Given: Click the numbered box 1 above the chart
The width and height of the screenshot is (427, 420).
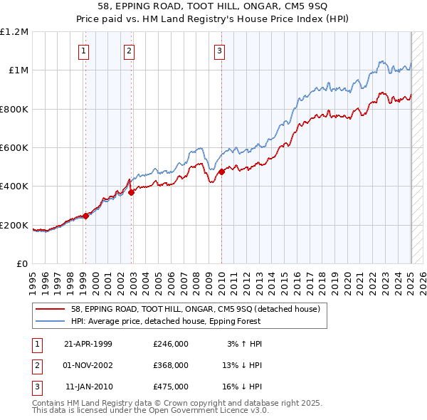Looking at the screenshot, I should click(84, 51).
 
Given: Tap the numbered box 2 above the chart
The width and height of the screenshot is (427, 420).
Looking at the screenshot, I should click(129, 51).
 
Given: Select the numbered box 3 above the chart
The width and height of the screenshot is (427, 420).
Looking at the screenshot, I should click(220, 51).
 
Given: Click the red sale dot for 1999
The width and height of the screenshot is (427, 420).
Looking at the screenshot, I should click(85, 216).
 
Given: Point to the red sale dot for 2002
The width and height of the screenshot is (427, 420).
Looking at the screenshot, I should click(132, 192).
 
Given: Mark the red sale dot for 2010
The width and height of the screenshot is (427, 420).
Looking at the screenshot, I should click(222, 172).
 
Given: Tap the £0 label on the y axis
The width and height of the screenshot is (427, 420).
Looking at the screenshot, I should click(21, 264).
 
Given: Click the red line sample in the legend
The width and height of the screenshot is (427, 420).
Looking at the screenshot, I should click(51, 309).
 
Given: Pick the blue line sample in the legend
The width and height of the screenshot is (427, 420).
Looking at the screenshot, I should click(51, 322).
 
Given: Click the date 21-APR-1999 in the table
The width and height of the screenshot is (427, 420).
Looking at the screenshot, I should click(88, 344).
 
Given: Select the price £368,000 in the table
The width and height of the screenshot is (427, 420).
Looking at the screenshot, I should click(171, 365).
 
